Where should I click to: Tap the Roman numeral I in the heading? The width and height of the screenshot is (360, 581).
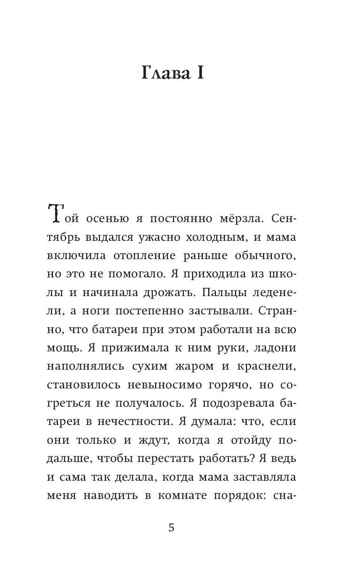(x=200, y=74)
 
